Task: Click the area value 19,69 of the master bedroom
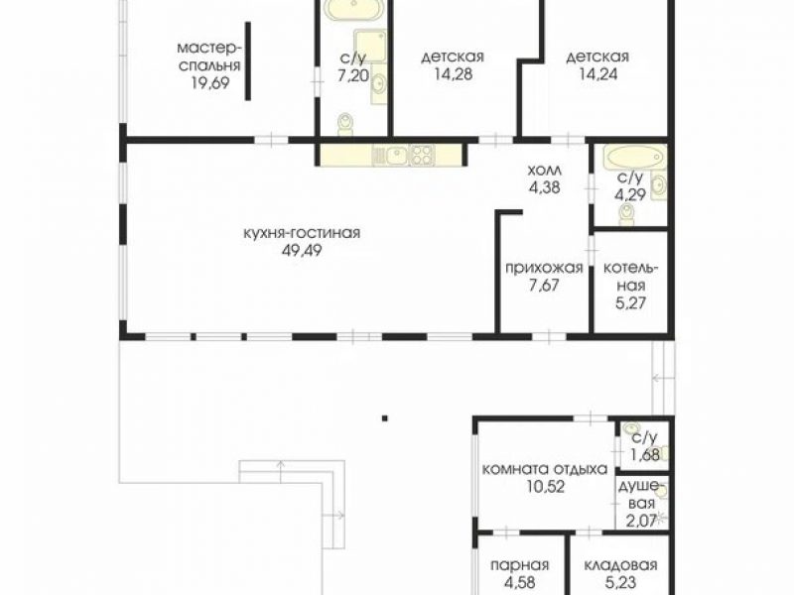click(210, 82)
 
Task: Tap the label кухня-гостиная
click(302, 233)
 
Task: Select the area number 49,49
click(303, 251)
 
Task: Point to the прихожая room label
click(544, 267)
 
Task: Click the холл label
click(544, 170)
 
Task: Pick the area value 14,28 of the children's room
click(453, 73)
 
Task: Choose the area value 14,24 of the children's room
click(597, 73)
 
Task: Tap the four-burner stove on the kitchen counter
click(421, 156)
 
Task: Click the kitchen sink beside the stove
click(390, 156)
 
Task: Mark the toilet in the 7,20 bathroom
click(345, 123)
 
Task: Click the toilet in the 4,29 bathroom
click(628, 213)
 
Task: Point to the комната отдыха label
click(544, 469)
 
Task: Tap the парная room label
click(519, 564)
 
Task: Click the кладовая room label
click(620, 564)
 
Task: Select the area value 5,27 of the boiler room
click(630, 303)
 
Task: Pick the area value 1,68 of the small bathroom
click(644, 455)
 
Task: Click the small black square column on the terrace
click(385, 417)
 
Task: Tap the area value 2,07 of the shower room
click(640, 520)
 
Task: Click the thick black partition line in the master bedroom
click(247, 60)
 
